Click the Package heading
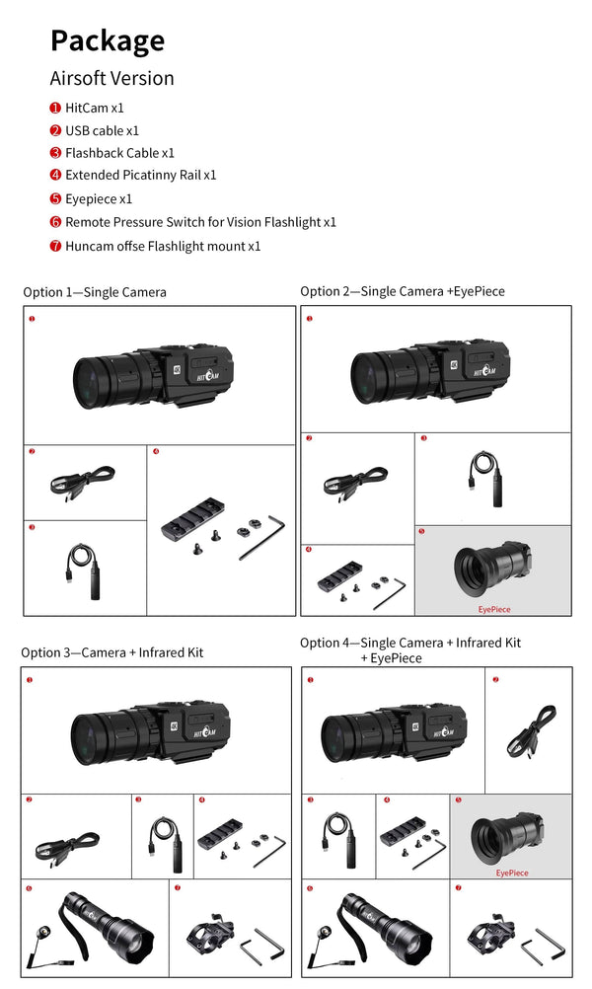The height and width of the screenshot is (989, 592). pos(108,40)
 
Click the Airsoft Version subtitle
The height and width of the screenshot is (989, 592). pos(111,78)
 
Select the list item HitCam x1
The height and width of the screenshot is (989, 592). pos(95,108)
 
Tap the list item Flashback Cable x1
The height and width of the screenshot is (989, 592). pos(119,153)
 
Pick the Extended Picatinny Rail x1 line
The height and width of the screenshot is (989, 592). pos(140,175)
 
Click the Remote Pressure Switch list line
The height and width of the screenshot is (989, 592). pos(200,222)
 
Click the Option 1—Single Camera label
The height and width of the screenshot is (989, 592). pos(95,292)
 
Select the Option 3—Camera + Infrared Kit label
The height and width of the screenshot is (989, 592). pos(111,652)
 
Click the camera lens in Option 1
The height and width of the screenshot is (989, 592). pos(91,379)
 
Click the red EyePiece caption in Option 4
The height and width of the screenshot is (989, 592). pos(511,873)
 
